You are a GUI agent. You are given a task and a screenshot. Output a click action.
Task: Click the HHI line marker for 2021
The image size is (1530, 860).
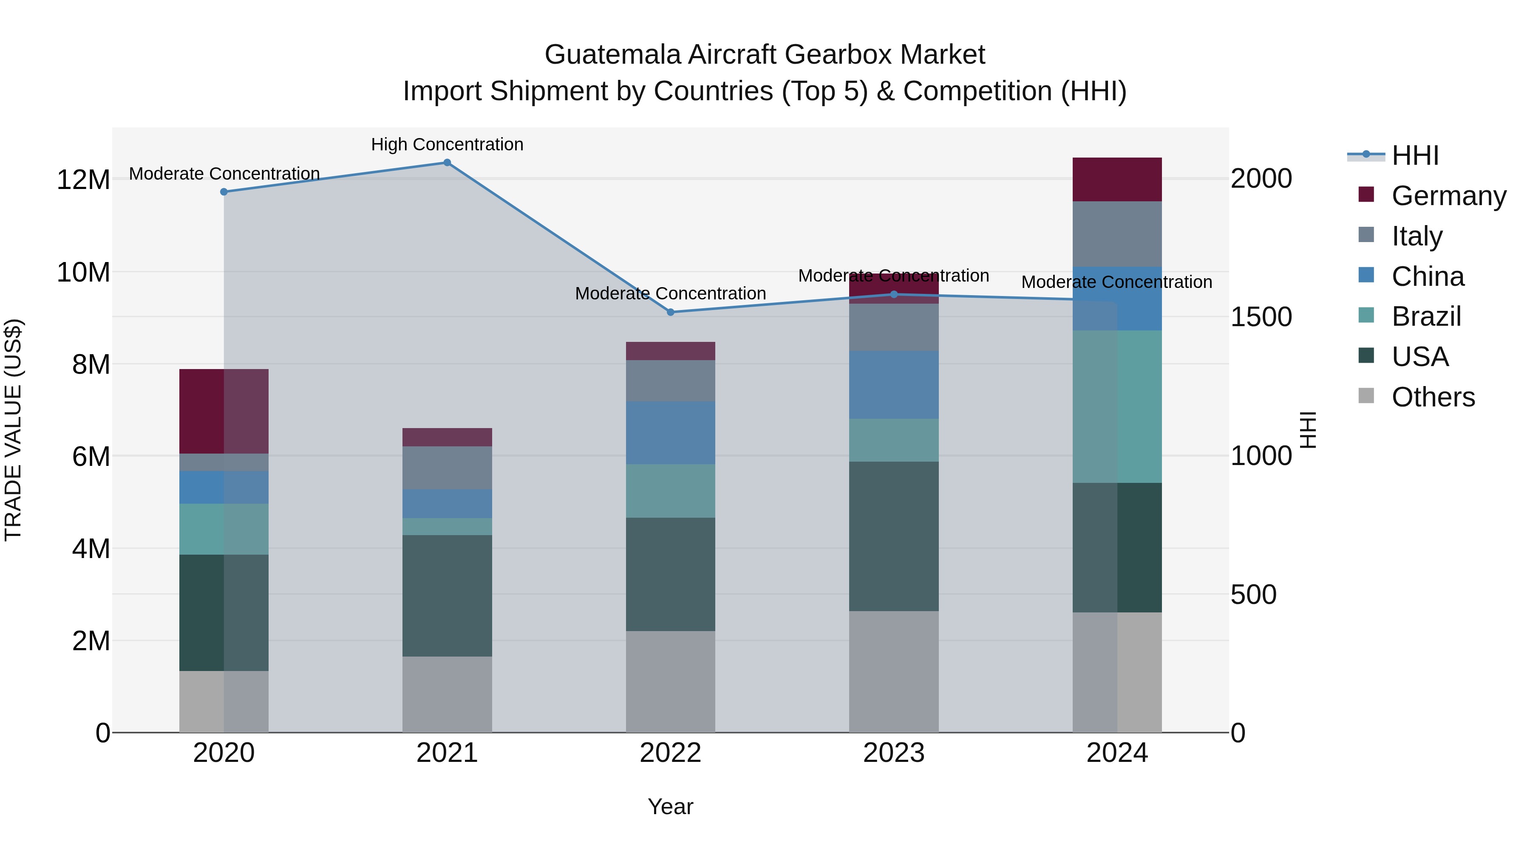[447, 163]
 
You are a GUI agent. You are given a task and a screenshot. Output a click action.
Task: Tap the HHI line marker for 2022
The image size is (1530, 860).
[671, 312]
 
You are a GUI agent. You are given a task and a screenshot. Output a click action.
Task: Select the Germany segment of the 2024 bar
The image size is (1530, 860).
[1116, 179]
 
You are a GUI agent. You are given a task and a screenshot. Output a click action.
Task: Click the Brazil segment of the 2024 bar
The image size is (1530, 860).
[1116, 406]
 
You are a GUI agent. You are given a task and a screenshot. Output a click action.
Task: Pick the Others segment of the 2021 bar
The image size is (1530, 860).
[447, 694]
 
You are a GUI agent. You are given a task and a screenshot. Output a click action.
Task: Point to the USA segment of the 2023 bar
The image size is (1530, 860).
[893, 536]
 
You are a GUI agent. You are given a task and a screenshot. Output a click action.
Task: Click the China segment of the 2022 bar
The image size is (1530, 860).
[671, 433]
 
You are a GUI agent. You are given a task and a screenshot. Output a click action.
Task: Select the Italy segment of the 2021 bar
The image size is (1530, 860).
[447, 468]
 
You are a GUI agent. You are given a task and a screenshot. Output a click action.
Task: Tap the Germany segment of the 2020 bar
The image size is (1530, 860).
[224, 411]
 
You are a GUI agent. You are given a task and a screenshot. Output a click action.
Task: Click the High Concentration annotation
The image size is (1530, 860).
[447, 144]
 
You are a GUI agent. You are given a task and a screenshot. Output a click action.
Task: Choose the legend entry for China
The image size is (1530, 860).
[1427, 276]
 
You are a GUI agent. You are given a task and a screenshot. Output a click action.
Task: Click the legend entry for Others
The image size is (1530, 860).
[1433, 397]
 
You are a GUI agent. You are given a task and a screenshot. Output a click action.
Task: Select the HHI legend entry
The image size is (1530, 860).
[1415, 155]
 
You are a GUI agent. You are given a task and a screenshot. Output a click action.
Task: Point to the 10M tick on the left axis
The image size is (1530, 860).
[83, 272]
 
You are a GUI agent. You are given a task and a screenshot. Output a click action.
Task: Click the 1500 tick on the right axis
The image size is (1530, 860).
[1261, 317]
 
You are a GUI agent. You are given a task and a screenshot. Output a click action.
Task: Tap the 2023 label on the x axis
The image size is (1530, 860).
[893, 753]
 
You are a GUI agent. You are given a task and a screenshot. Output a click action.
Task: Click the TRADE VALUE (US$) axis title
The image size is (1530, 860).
[13, 430]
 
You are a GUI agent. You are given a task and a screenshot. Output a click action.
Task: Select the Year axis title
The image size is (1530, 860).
[671, 806]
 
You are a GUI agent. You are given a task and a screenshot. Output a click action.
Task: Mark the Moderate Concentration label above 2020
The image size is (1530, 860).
[224, 174]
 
